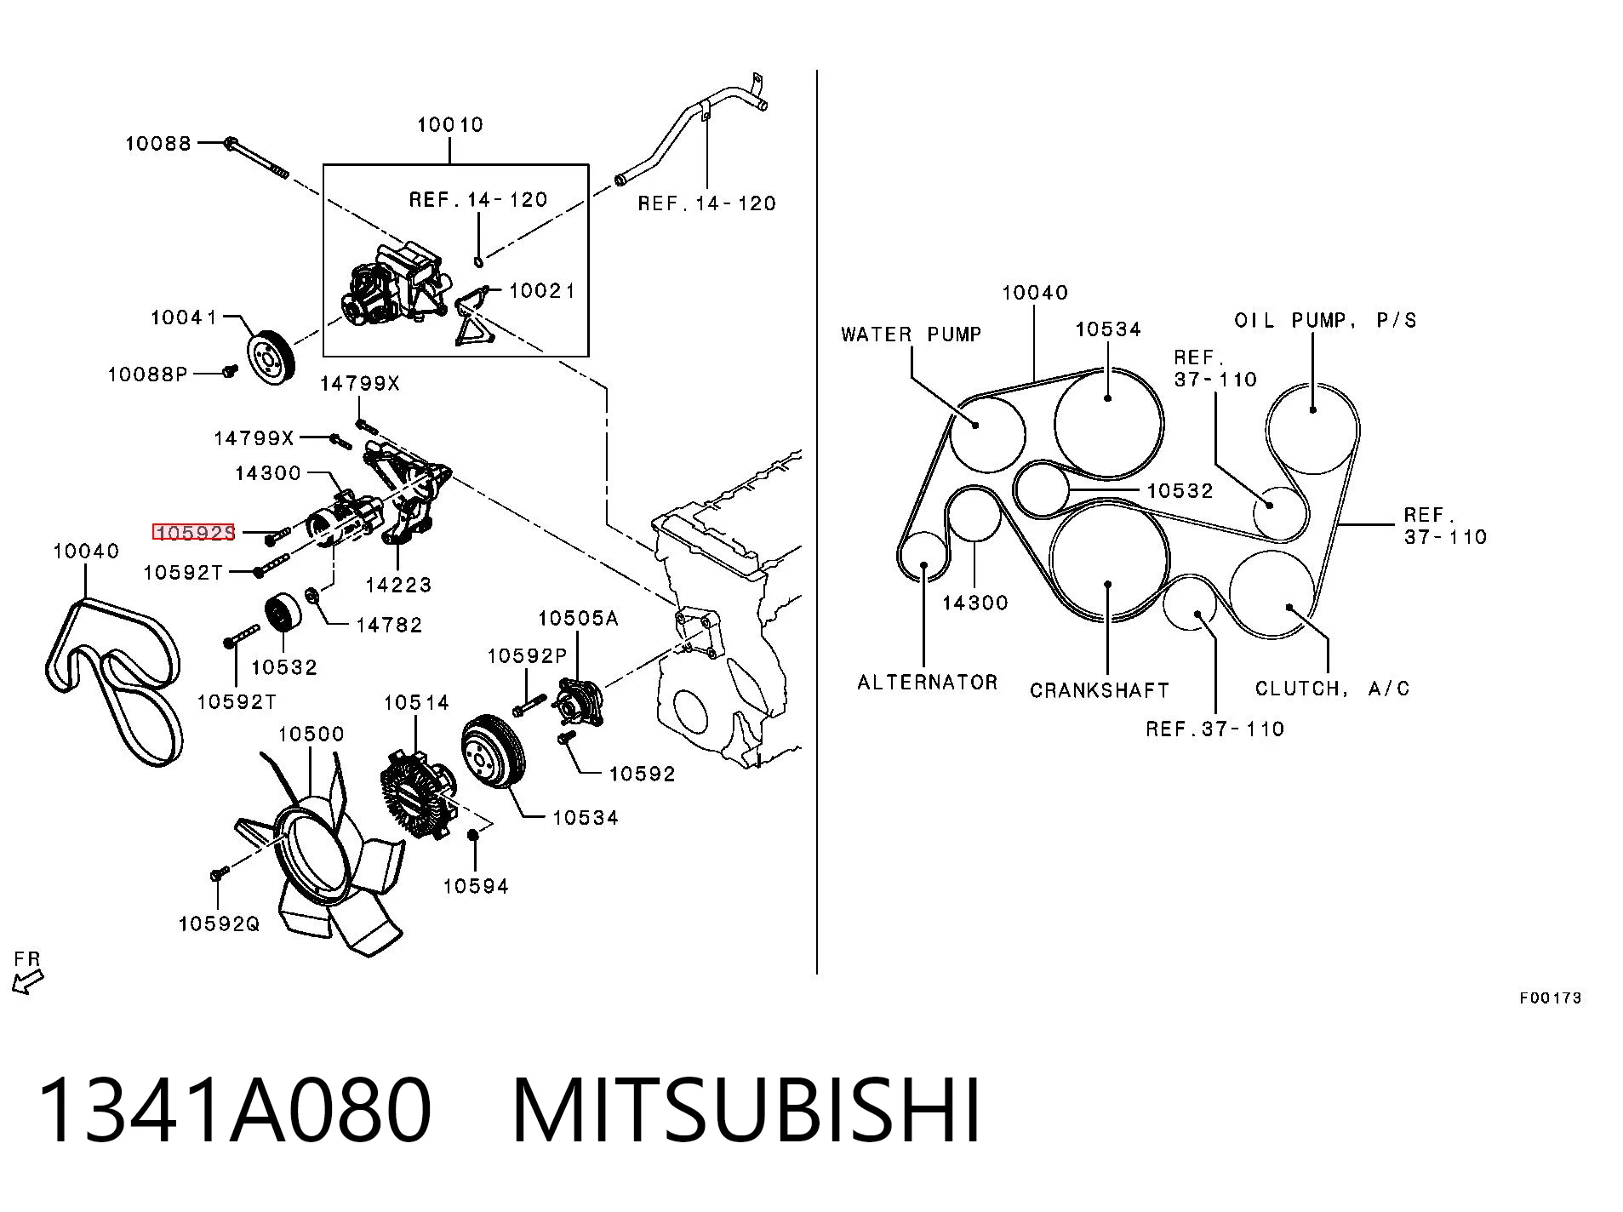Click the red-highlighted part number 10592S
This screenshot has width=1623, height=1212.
point(193,533)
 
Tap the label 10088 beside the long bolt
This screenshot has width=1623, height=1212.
point(158,143)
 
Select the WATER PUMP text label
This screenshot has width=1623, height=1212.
point(912,334)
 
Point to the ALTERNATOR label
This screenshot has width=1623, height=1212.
point(928,683)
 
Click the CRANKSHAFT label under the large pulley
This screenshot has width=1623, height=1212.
point(1100,690)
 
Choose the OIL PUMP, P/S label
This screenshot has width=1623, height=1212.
point(1326,321)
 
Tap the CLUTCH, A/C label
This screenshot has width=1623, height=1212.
point(1333,689)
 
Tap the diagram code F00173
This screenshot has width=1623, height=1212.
point(1551,998)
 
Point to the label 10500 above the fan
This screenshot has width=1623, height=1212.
point(311,734)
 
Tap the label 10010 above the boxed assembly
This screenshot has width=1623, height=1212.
point(450,125)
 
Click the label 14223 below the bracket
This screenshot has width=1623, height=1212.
point(398,585)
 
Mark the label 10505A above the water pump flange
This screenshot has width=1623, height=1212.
point(578,619)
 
